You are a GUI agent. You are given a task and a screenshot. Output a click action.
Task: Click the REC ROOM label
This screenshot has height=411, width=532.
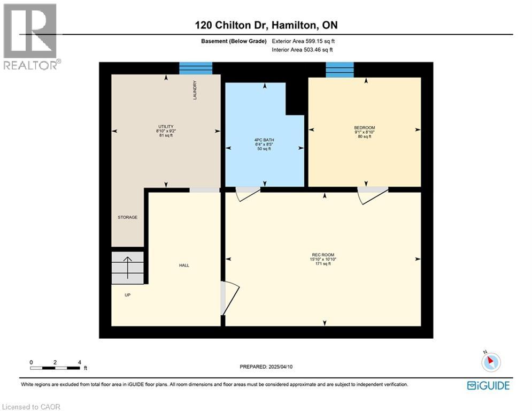[323, 255]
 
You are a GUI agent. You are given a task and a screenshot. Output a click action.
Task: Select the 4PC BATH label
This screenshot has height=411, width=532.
[264, 140]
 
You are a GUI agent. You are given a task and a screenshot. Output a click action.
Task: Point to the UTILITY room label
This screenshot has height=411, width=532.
[165, 126]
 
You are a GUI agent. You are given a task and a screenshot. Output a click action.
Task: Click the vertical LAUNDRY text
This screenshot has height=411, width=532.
[196, 90]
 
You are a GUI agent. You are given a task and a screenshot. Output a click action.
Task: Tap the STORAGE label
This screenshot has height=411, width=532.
[128, 217]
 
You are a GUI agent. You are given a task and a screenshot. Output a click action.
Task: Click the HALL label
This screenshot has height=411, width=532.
[184, 265]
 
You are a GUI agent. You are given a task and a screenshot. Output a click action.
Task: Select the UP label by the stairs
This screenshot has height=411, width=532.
[127, 294]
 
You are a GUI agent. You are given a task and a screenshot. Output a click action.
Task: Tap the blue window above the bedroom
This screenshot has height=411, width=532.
[340, 70]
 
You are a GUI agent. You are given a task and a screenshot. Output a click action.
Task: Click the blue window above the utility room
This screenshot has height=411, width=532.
[196, 68]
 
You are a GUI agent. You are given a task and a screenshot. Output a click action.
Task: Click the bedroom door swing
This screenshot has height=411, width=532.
[372, 195]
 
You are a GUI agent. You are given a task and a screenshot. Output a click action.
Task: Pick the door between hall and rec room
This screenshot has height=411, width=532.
[229, 298]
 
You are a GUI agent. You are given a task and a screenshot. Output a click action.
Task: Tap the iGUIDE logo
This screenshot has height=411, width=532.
[488, 385]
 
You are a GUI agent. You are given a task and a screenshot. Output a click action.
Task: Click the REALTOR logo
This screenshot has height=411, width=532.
[31, 36]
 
